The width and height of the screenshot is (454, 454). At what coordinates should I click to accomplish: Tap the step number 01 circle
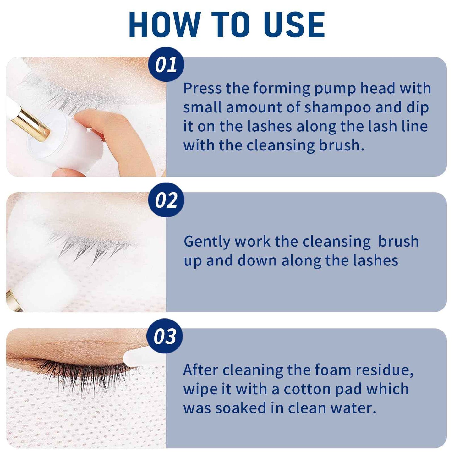coord(166,65)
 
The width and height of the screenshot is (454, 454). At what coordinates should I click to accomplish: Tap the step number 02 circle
coord(166,200)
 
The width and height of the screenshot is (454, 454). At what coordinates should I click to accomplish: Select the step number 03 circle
coord(165,336)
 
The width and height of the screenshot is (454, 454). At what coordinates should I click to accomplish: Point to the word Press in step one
coord(202,88)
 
